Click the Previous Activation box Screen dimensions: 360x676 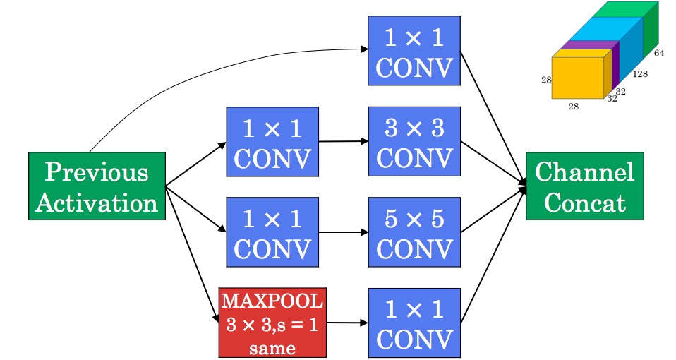point(97,186)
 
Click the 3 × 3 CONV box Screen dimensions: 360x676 point(414,141)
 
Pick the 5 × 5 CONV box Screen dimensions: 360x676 point(414,232)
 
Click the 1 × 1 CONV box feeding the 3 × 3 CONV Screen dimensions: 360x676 point(272,141)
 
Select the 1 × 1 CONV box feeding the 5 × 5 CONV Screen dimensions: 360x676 point(272,232)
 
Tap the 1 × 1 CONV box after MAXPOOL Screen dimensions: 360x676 point(414,323)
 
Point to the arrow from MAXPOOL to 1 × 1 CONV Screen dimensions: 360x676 point(347,323)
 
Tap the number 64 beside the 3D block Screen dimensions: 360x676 point(659,53)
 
